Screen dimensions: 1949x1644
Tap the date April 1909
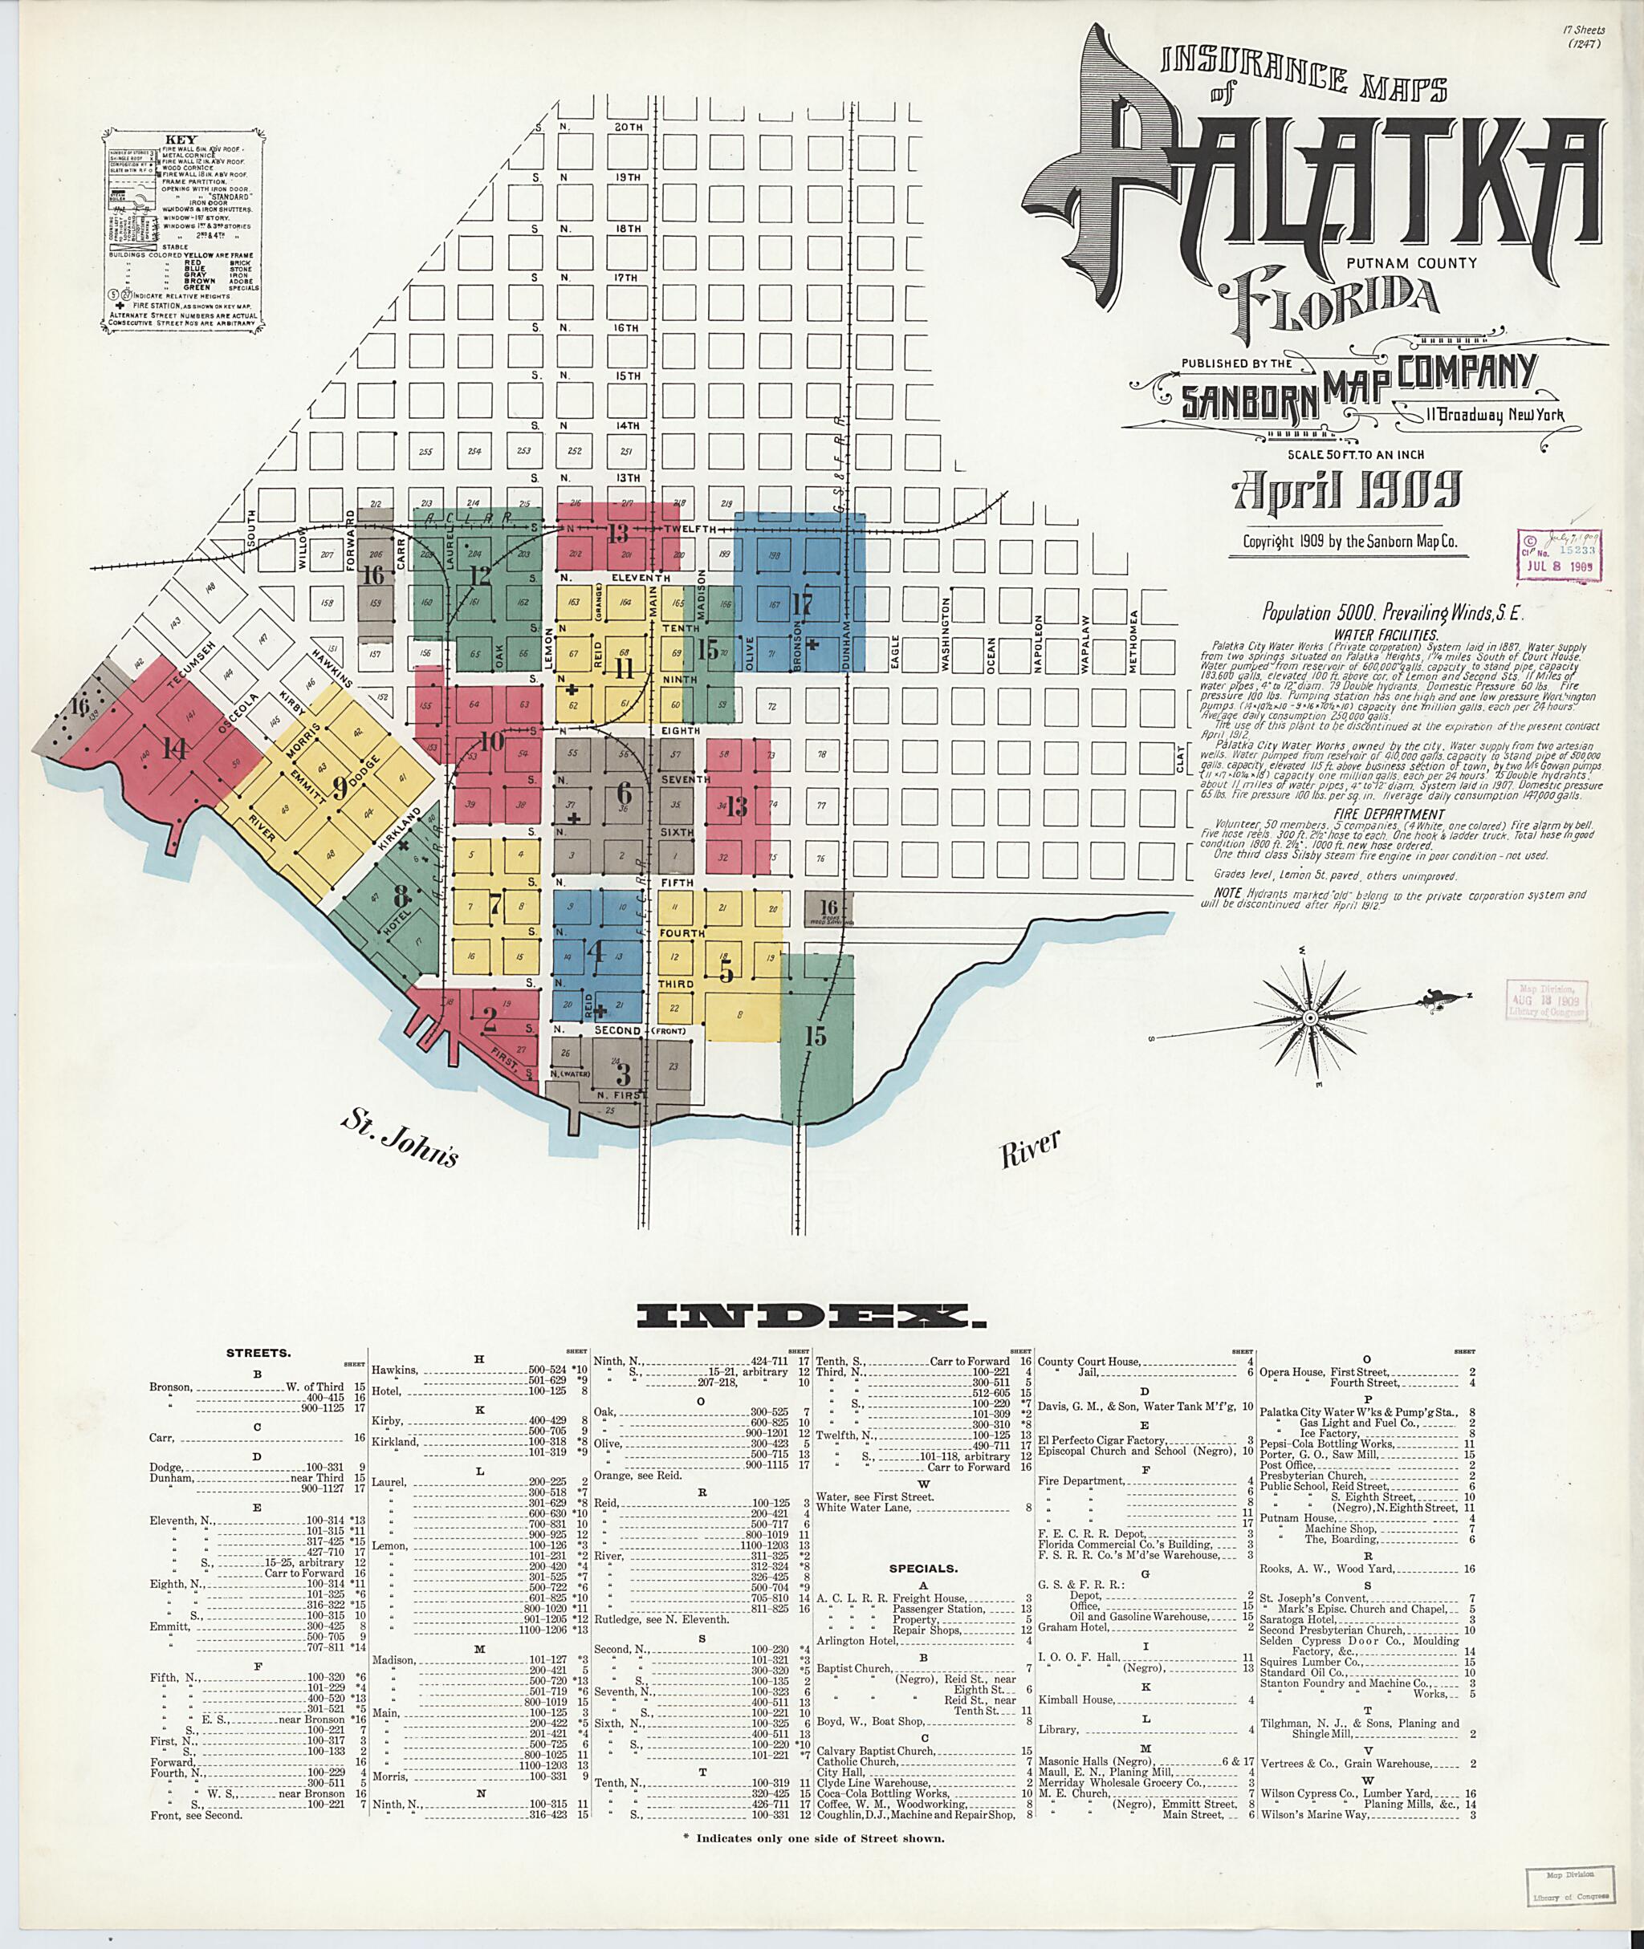(1347, 490)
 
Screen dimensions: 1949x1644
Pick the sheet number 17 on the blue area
(801, 603)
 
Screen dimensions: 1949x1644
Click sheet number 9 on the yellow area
(341, 789)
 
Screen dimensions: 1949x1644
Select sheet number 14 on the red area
(173, 747)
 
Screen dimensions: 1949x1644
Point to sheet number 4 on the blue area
(596, 951)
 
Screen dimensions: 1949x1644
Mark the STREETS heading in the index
(259, 1353)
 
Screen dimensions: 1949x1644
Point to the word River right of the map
(1031, 1150)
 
